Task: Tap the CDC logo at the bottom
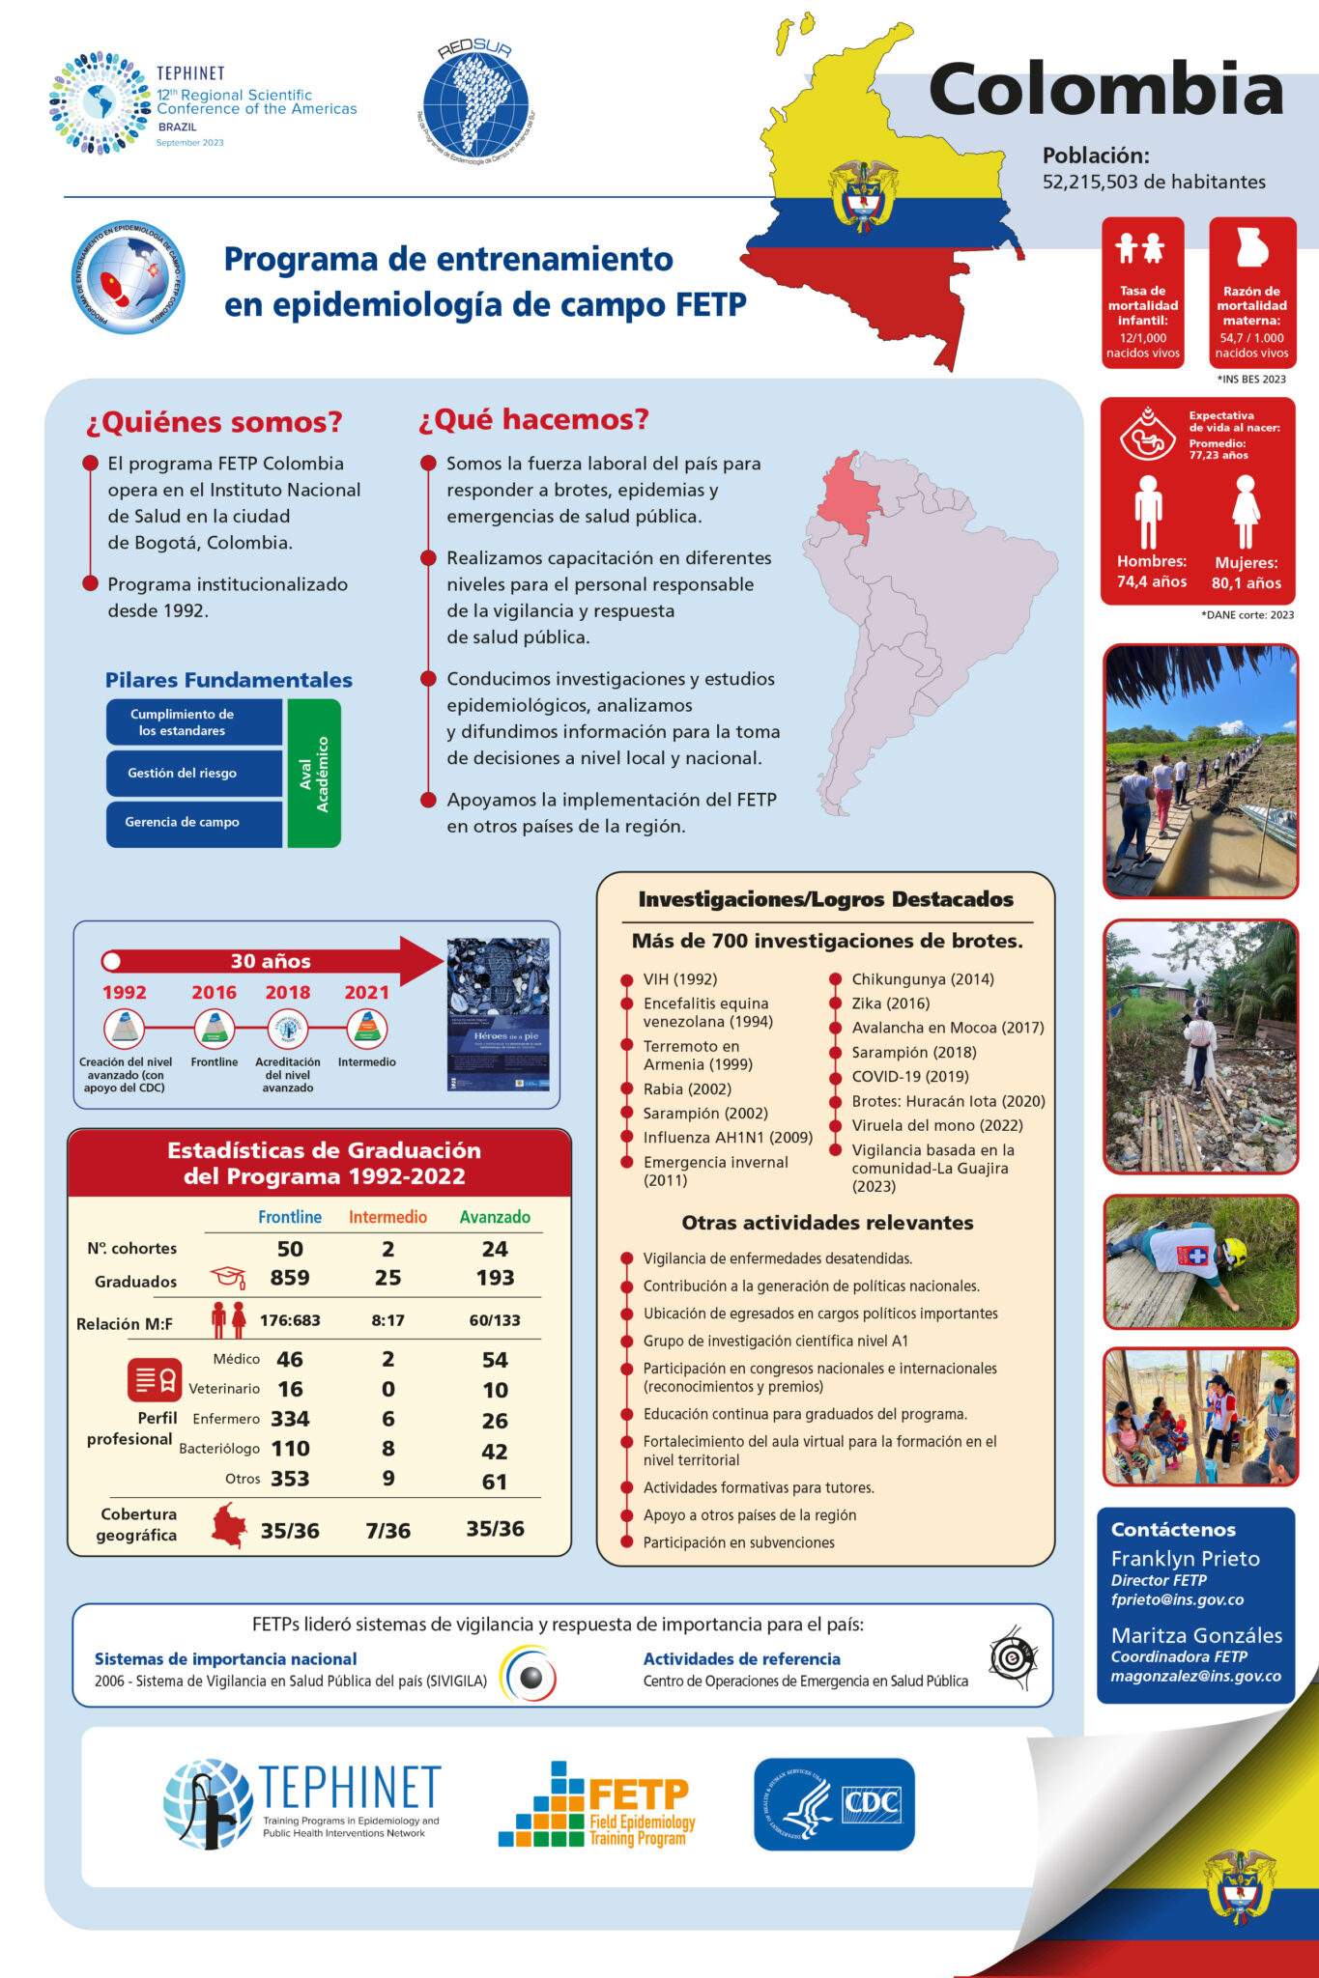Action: (834, 1803)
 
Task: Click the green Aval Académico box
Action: (314, 773)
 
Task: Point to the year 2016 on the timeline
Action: (214, 992)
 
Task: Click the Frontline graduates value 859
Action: (290, 1278)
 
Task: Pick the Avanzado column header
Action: (495, 1217)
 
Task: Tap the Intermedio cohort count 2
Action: (387, 1249)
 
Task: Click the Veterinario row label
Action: (224, 1389)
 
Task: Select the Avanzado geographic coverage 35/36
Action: (495, 1529)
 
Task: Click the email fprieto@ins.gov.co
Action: (1177, 1599)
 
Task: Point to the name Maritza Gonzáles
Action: (1196, 1635)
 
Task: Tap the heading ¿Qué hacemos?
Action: (533, 419)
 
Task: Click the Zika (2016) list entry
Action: (890, 1003)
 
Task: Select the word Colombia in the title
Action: (1105, 90)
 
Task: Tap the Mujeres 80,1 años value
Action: (1246, 582)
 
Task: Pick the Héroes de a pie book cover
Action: (498, 1014)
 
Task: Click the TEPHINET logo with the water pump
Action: (301, 1802)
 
